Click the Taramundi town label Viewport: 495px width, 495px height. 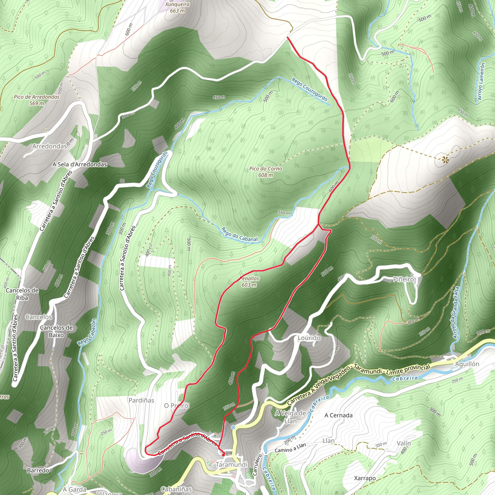[232, 465]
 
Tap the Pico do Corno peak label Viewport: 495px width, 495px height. [265, 172]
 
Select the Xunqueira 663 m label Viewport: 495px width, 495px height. [177, 7]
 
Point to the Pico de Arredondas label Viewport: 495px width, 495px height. [37, 100]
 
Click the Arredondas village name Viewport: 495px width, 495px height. [50, 146]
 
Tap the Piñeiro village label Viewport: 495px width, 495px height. [404, 279]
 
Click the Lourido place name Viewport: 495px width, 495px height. [309, 338]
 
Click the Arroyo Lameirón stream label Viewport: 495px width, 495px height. [482, 81]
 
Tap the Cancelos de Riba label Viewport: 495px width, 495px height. [22, 294]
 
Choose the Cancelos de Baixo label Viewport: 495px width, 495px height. [56, 331]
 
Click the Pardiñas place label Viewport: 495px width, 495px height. [141, 400]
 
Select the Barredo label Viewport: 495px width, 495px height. [38, 470]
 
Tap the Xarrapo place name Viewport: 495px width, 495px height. [365, 478]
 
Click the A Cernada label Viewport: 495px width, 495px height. [338, 415]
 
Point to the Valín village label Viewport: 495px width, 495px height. [404, 443]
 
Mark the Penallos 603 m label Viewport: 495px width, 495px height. [249, 282]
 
